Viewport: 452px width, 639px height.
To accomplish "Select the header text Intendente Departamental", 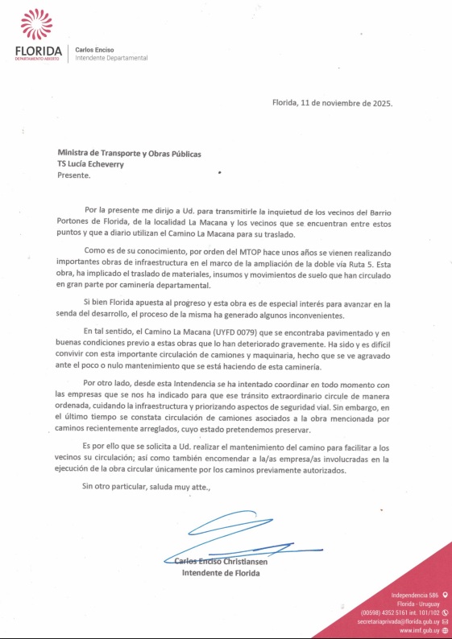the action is click(111, 59).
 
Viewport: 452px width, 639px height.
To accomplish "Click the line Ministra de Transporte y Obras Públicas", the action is click(129, 154).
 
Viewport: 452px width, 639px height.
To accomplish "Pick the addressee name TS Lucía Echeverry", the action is click(97, 163).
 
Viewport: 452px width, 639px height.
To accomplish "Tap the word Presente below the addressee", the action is click(74, 174).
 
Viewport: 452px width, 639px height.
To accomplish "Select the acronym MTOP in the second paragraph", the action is click(267, 250).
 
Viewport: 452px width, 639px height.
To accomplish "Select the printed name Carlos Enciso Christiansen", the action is click(226, 562).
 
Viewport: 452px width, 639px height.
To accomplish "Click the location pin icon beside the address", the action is click(445, 595).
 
